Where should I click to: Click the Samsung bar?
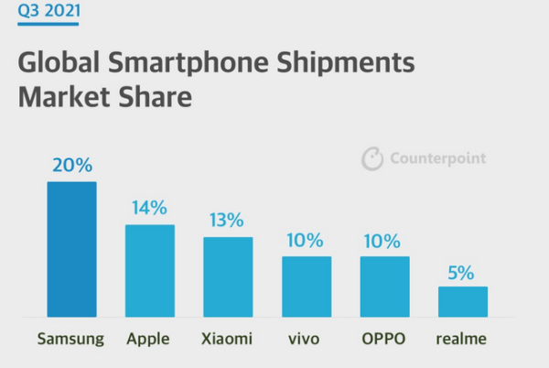(x=71, y=249)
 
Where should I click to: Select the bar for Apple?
(x=150, y=271)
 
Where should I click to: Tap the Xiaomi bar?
(x=228, y=276)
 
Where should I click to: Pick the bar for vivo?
(x=307, y=287)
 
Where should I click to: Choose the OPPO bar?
(x=384, y=287)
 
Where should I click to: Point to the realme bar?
(x=462, y=301)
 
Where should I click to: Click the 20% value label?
(x=71, y=166)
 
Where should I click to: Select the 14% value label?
(x=150, y=209)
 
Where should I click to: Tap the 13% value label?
(x=228, y=221)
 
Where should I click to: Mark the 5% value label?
(x=462, y=272)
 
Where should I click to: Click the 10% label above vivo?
(x=307, y=242)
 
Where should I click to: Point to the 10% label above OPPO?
(x=384, y=242)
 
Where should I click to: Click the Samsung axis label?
(x=70, y=340)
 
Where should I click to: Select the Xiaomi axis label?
(x=227, y=340)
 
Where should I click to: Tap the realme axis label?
(x=462, y=340)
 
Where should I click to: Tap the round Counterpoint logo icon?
(x=372, y=158)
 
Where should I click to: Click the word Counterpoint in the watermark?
(x=438, y=158)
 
